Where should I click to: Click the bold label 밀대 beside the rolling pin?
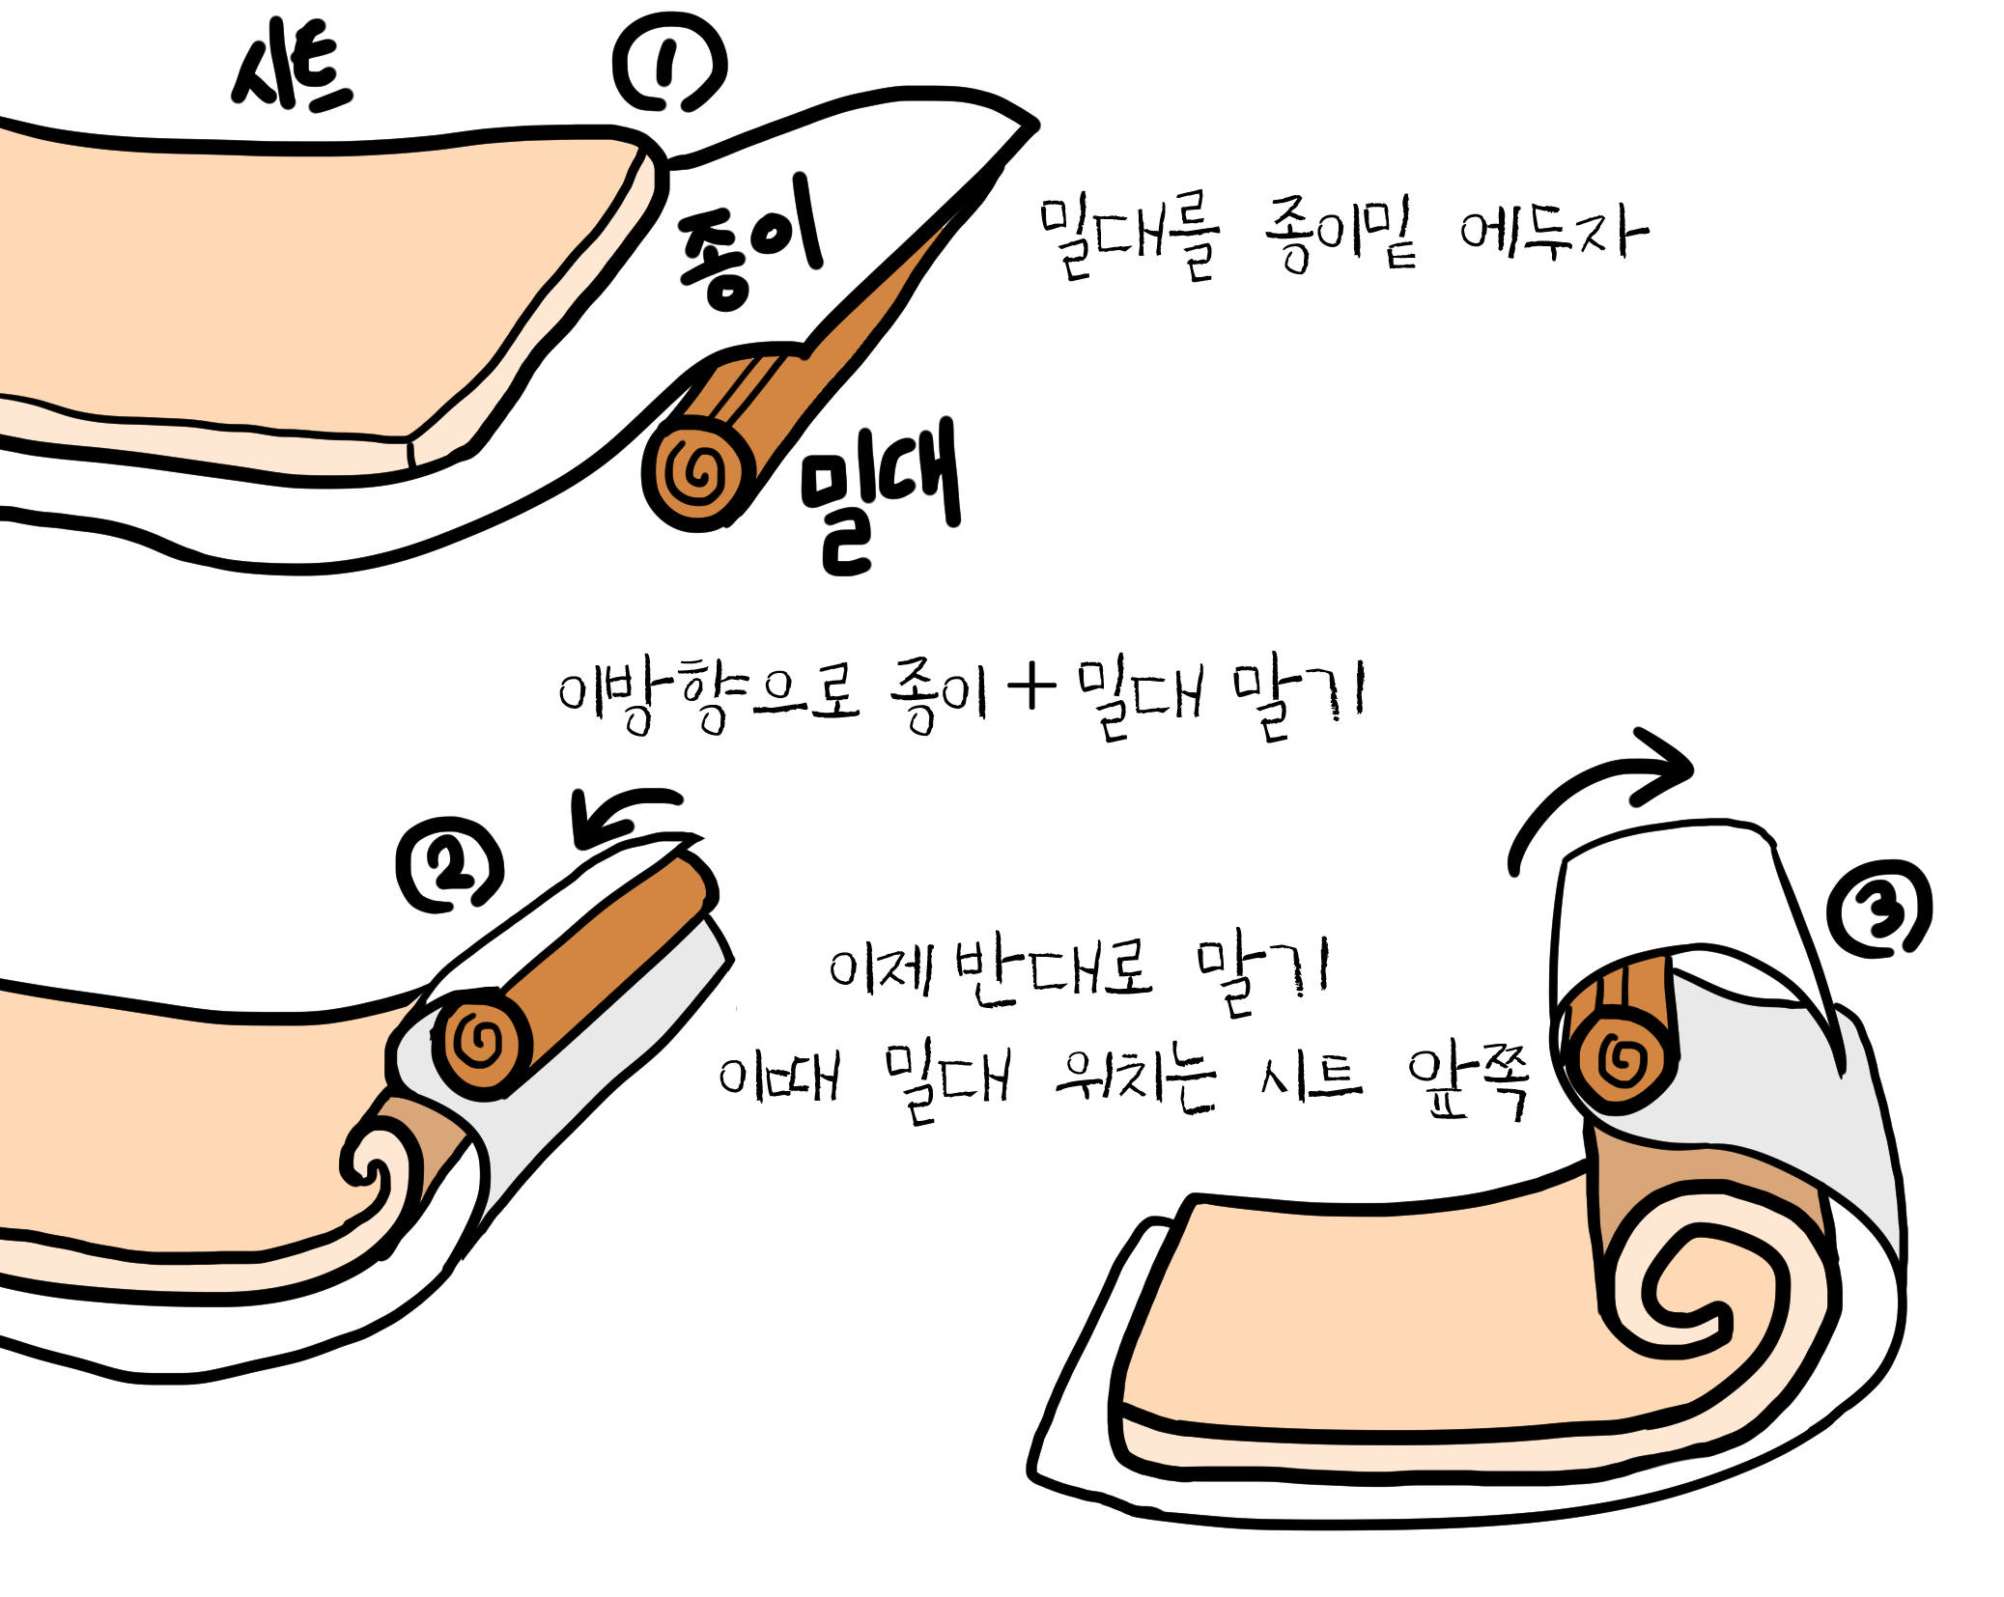point(880,496)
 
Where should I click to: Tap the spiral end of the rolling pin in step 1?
point(698,472)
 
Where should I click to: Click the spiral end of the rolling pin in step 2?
point(480,1043)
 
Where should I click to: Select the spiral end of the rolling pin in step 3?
point(1623,1060)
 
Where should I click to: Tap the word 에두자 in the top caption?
point(1553,232)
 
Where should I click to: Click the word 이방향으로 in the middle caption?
point(708,694)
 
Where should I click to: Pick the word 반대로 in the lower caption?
point(1054,972)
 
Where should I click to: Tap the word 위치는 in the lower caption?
point(1135,1079)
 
